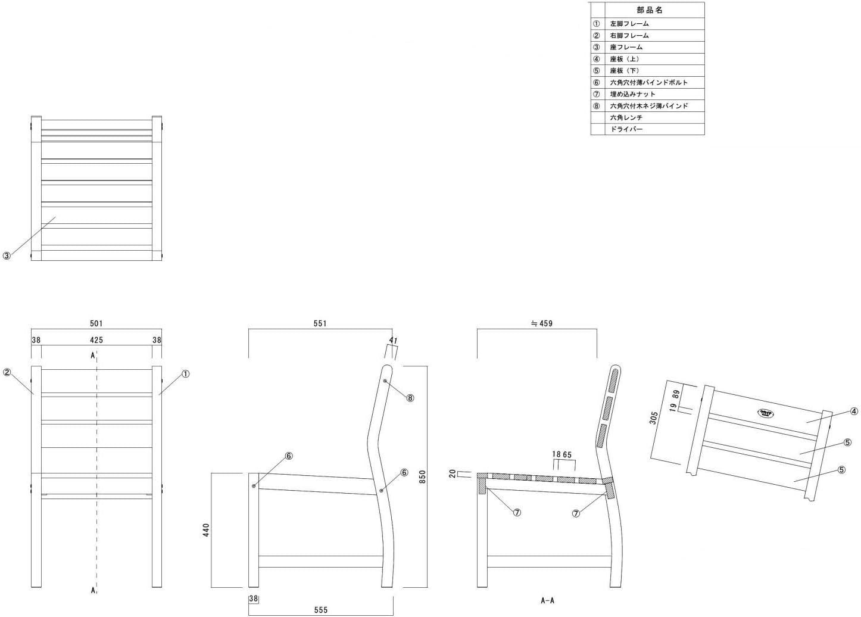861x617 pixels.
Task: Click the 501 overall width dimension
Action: tap(96, 323)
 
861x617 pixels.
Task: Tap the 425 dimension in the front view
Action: tap(96, 340)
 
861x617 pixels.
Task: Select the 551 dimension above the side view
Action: tap(320, 323)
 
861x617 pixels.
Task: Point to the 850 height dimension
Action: tap(422, 476)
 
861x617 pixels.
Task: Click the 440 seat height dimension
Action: tap(206, 530)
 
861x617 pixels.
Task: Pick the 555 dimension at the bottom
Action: tap(321, 610)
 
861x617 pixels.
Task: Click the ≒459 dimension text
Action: tap(542, 323)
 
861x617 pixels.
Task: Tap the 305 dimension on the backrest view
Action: tap(653, 418)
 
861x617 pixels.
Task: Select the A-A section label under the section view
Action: tap(547, 600)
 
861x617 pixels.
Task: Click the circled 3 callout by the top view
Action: tap(7, 255)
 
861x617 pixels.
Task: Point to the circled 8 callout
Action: tap(410, 398)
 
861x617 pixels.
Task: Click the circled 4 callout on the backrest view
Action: tap(854, 412)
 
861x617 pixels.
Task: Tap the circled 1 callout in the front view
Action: tap(185, 373)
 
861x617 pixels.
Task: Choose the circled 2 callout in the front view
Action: tap(7, 372)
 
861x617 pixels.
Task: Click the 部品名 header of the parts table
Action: tap(650, 10)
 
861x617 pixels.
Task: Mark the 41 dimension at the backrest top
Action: tap(393, 340)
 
